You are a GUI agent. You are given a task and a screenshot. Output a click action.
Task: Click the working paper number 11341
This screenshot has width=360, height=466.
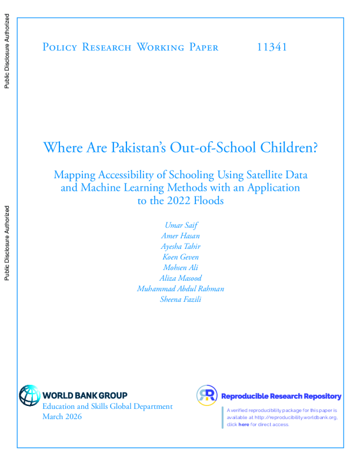[272, 47]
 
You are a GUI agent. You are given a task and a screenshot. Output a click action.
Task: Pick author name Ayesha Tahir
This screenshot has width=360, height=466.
[180, 247]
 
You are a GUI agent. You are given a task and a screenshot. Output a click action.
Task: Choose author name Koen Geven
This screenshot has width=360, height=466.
[180, 258]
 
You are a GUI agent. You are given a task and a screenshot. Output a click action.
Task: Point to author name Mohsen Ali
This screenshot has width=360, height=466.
[180, 268]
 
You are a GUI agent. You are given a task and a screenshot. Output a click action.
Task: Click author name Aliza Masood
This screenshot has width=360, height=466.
[180, 278]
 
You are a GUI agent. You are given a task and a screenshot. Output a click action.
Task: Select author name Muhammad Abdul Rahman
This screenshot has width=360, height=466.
[180, 289]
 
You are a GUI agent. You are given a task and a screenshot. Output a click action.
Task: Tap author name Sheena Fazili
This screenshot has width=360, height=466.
[180, 299]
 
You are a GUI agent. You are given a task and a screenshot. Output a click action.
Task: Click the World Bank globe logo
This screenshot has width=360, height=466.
[29, 395]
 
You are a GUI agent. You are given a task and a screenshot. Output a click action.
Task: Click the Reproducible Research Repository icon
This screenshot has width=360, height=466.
[207, 395]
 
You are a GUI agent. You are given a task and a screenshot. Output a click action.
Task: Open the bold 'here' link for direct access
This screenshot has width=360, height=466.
[244, 424]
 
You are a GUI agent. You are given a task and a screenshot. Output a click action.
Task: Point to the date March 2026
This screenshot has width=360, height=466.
[62, 417]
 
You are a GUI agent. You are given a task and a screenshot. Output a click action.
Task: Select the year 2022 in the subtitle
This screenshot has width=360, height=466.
[178, 200]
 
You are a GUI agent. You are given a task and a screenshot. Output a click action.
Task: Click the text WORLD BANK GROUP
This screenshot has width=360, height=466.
[85, 396]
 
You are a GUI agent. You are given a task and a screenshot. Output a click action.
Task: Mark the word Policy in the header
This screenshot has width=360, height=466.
[59, 47]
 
